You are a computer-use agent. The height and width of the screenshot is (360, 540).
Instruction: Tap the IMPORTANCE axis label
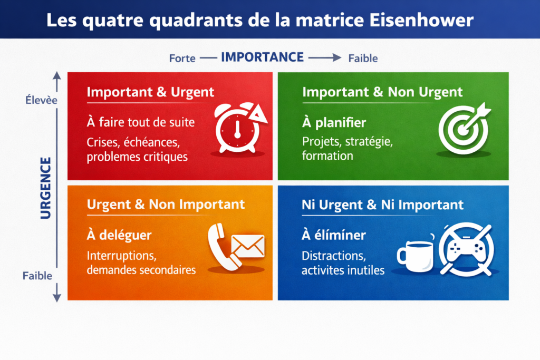(x=262, y=57)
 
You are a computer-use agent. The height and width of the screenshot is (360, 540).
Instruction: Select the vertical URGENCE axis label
(x=46, y=188)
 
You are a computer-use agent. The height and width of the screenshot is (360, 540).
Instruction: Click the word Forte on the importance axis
(x=182, y=59)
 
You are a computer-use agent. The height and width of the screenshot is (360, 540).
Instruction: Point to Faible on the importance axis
(x=363, y=59)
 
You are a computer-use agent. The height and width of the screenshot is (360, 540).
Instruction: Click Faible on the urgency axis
(x=37, y=276)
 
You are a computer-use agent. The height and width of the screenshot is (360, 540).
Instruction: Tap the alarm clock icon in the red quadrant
(x=237, y=128)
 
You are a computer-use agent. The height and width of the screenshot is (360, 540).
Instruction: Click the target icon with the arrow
(x=463, y=127)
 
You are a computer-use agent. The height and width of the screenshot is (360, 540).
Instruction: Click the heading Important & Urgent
(x=150, y=92)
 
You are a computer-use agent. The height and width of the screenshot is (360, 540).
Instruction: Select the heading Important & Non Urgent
(x=382, y=92)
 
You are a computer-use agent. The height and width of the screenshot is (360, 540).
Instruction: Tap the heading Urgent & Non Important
(x=166, y=204)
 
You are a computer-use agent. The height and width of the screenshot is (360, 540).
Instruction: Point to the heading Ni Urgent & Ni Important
(x=382, y=205)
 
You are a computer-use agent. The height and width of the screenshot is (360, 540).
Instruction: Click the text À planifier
(x=334, y=123)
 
